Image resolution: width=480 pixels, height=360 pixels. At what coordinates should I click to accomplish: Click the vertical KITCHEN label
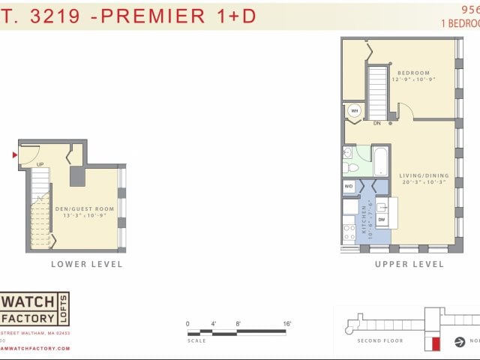click(x=365, y=219)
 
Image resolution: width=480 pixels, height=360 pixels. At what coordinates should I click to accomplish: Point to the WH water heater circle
click(x=354, y=111)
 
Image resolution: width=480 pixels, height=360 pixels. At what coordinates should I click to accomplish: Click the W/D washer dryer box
click(x=349, y=186)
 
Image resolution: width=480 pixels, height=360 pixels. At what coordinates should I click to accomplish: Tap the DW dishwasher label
click(x=382, y=220)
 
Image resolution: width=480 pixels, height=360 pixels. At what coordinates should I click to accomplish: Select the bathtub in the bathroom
click(x=379, y=160)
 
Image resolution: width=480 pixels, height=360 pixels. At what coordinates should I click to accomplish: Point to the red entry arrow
click(x=14, y=155)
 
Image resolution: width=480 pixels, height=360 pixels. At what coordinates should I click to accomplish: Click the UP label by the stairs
click(x=40, y=164)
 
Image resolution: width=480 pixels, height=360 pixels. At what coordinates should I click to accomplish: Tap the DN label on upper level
click(x=377, y=123)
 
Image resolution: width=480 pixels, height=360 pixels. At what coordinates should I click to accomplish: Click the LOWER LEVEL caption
click(x=86, y=264)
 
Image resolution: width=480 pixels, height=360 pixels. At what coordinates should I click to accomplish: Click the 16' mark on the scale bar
click(x=287, y=323)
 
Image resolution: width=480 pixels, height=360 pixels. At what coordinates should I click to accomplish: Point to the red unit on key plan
click(x=433, y=344)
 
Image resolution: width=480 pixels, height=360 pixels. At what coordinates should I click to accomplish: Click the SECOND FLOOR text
click(x=379, y=340)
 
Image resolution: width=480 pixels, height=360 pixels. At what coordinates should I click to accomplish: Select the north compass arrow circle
click(x=460, y=342)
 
